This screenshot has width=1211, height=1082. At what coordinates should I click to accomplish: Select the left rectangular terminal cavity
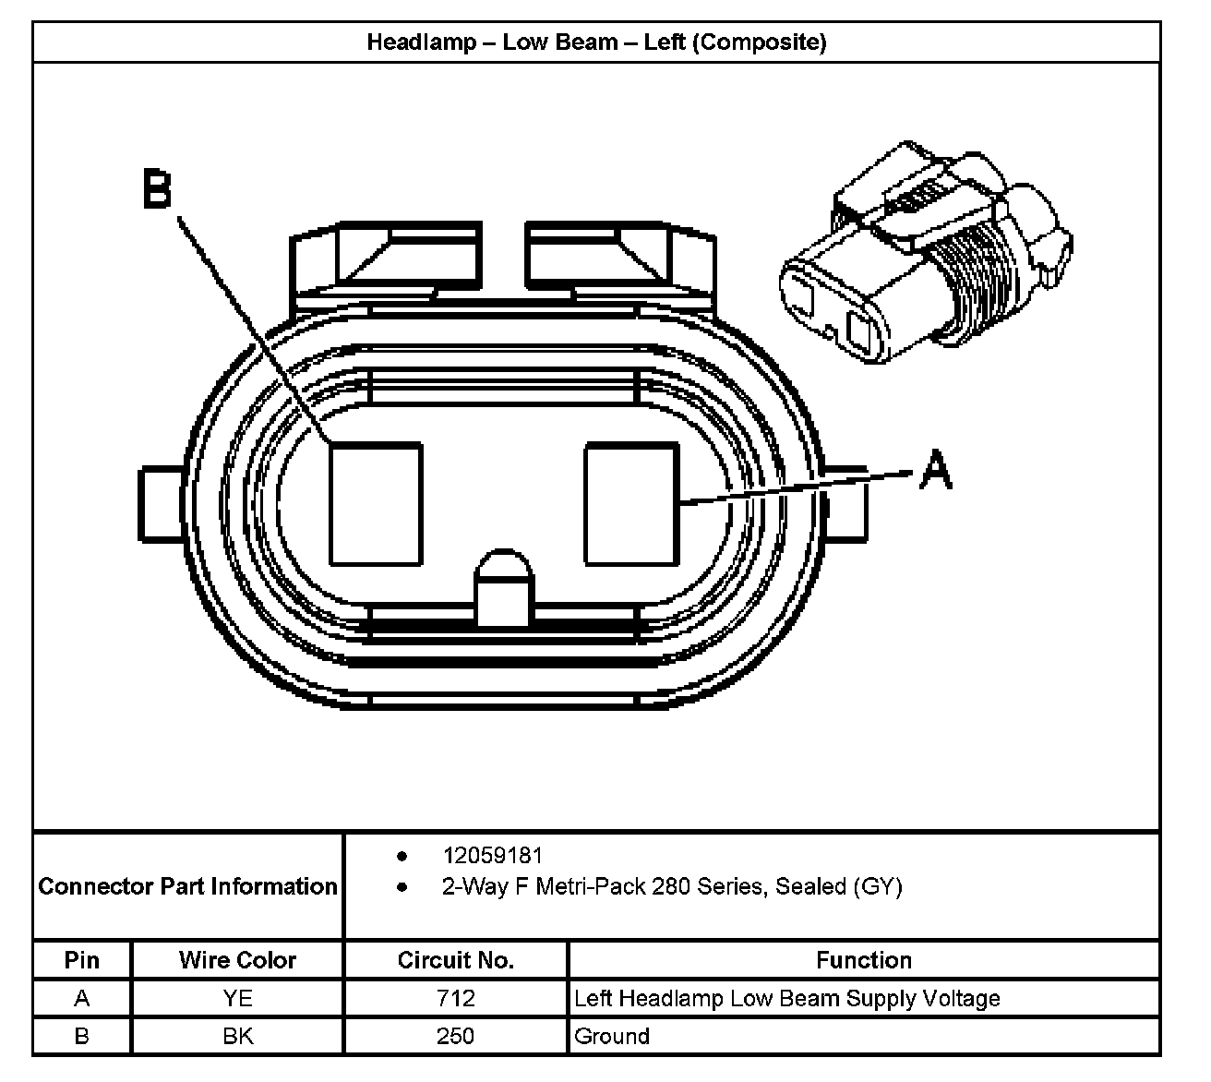pyautogui.click(x=376, y=503)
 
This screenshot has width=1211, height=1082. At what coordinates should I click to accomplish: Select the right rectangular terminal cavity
pyautogui.click(x=632, y=503)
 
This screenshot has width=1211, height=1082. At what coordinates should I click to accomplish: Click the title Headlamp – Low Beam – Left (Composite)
pyautogui.click(x=596, y=42)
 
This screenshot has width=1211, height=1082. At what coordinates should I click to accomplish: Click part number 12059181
pyautogui.click(x=492, y=856)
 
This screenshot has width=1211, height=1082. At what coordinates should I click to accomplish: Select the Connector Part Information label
pyautogui.click(x=188, y=886)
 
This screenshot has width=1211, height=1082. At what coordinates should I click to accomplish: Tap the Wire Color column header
pyautogui.click(x=237, y=960)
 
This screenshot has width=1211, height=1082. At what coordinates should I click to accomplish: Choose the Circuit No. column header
pyautogui.click(x=455, y=960)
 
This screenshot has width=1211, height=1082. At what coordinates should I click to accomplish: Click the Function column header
pyautogui.click(x=863, y=960)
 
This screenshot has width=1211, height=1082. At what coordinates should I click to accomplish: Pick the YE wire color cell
pyautogui.click(x=237, y=998)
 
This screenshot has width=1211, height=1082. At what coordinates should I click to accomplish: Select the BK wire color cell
pyautogui.click(x=237, y=1036)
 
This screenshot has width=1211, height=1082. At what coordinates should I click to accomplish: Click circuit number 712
pyautogui.click(x=456, y=998)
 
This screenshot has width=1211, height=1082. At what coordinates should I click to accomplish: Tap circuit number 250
pyautogui.click(x=456, y=1036)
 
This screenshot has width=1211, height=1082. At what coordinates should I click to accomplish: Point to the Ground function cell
pyautogui.click(x=612, y=1036)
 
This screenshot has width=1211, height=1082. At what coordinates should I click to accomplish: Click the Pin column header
pyautogui.click(x=82, y=960)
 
